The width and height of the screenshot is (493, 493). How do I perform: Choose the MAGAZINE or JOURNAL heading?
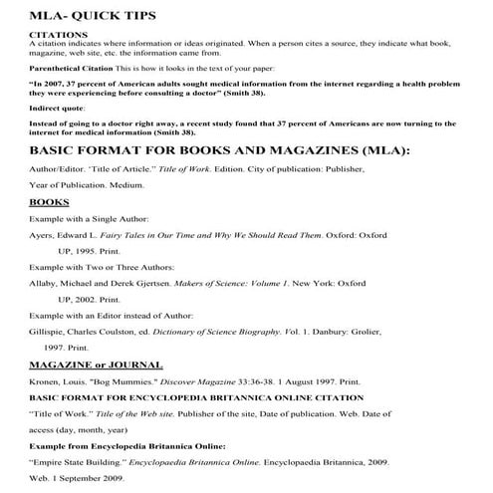coord(97,366)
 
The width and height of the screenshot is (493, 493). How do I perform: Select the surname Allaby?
coord(45,284)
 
